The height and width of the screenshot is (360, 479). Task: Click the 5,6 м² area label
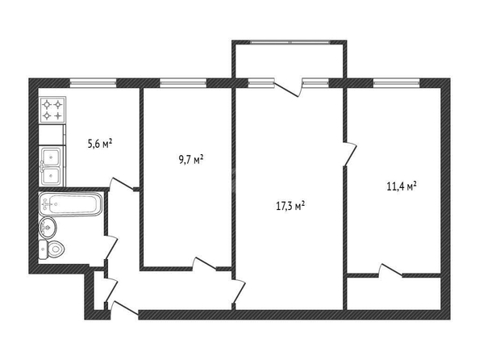click(100, 144)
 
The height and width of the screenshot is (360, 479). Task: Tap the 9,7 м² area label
click(191, 160)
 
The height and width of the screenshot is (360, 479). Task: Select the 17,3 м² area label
click(290, 206)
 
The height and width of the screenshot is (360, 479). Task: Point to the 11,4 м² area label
click(402, 186)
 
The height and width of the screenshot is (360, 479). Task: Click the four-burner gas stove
click(52, 110)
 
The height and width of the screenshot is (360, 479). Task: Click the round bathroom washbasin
click(48, 228)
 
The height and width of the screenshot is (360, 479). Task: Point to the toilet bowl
click(52, 249)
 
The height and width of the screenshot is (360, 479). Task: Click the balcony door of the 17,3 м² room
click(287, 88)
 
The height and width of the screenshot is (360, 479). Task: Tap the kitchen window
click(93, 82)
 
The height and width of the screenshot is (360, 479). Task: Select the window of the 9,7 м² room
click(183, 82)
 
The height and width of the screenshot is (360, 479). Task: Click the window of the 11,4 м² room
click(397, 82)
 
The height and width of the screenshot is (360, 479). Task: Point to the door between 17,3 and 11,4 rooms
click(350, 154)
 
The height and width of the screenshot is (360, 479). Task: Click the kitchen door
click(123, 184)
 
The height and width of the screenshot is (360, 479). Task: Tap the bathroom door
click(111, 248)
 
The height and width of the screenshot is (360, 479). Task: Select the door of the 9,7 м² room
click(205, 264)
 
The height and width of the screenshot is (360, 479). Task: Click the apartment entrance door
click(125, 308)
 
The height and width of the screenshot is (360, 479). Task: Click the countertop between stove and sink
click(52, 134)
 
